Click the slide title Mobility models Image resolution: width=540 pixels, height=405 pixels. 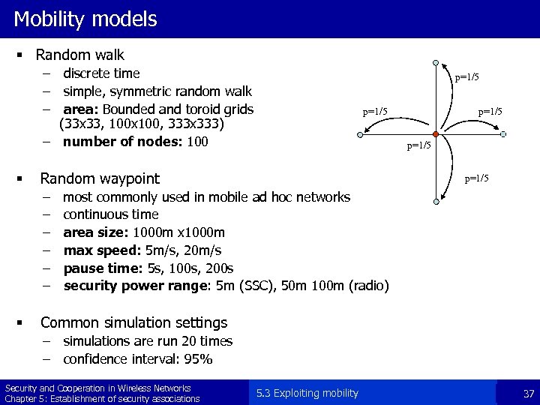85,19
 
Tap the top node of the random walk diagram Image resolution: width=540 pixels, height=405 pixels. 436,64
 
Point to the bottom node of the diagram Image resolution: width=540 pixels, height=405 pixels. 436,201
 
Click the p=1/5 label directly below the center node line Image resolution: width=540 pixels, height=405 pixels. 418,145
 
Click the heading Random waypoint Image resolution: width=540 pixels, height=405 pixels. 100,178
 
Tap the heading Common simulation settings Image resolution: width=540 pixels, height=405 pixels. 133,322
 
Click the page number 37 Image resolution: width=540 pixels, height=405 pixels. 528,394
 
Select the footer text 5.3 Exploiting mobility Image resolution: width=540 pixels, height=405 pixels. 307,394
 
